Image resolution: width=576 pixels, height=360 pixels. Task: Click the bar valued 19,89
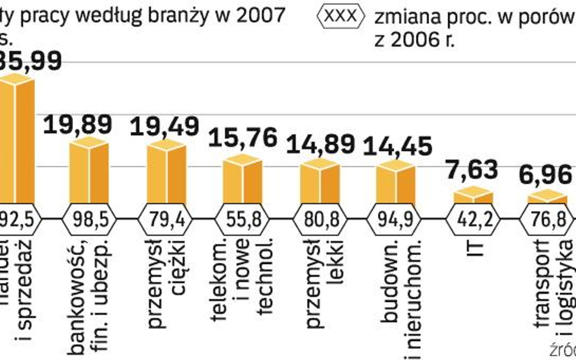coord(89,172)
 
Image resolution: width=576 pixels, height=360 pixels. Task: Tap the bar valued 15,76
coord(242,180)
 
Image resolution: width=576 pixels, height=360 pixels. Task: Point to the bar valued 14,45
coord(396,182)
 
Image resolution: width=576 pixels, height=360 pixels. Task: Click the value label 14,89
coord(320,145)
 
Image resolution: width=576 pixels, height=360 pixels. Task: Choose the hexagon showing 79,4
coord(166,218)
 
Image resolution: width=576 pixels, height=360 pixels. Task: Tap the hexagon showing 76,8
coord(549,218)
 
